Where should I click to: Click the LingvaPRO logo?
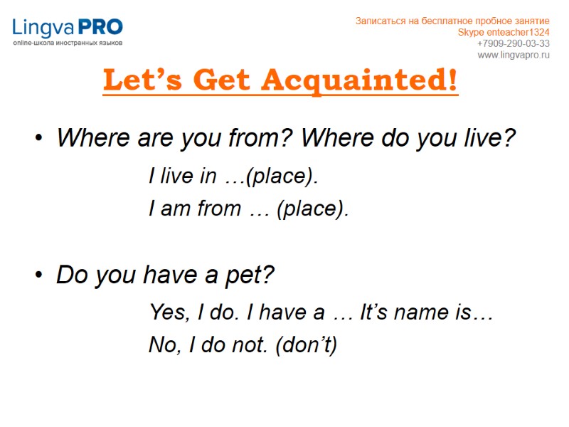point(68,28)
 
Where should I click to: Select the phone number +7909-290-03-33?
point(513,43)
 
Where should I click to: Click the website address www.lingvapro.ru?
point(514,55)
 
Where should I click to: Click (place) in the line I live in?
point(281,176)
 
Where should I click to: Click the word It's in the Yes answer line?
point(375,312)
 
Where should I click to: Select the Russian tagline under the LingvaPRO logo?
point(68,43)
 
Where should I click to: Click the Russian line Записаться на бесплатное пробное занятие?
point(452,21)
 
